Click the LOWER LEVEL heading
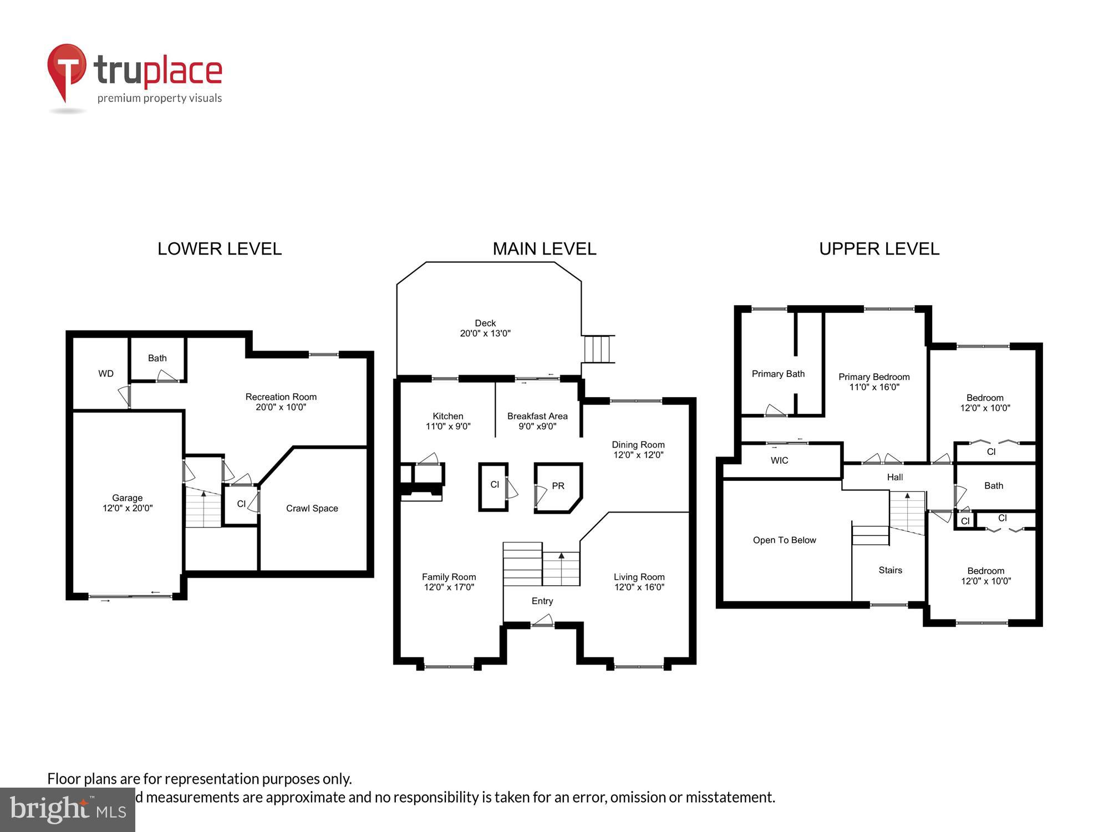pyautogui.click(x=220, y=248)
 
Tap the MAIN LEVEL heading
pyautogui.click(x=544, y=248)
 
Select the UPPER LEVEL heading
pyautogui.click(x=879, y=248)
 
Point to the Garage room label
pyautogui.click(x=127, y=498)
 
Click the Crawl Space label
pyautogui.click(x=312, y=508)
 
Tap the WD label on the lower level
pyautogui.click(x=106, y=373)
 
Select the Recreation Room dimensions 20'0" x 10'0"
pyautogui.click(x=281, y=407)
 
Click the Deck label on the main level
pyautogui.click(x=485, y=323)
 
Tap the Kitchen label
pyautogui.click(x=447, y=416)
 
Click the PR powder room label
pyautogui.click(x=558, y=486)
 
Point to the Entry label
pyautogui.click(x=542, y=601)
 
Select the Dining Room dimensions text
pyautogui.click(x=638, y=455)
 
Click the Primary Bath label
pyautogui.click(x=778, y=374)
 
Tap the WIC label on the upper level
pyautogui.click(x=779, y=460)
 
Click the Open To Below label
pyautogui.click(x=784, y=540)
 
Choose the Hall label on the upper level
pyautogui.click(x=894, y=477)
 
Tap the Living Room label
pyautogui.click(x=639, y=577)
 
